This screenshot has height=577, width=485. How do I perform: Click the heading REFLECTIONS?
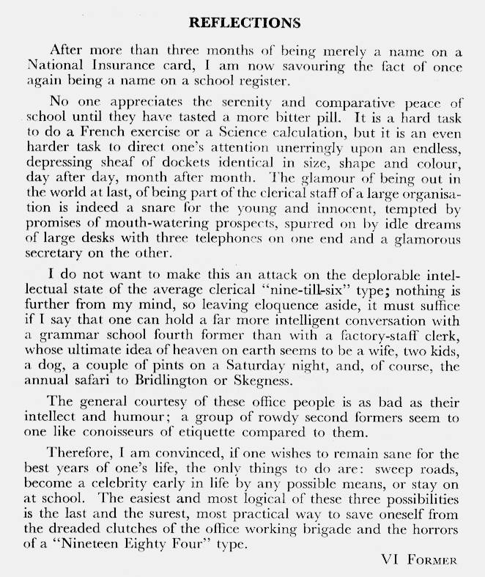[x=245, y=23]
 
